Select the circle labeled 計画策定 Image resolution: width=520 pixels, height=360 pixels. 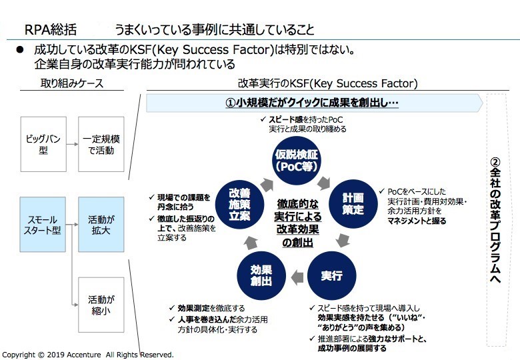353,203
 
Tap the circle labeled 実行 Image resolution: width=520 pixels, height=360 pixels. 331,275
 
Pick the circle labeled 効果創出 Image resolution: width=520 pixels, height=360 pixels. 261,275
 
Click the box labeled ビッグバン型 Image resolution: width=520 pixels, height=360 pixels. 43,145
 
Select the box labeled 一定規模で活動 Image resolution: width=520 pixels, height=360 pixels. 101,145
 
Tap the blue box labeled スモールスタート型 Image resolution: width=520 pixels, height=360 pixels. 43,224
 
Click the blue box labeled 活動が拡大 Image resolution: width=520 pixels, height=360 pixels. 101,224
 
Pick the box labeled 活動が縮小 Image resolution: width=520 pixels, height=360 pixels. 101,304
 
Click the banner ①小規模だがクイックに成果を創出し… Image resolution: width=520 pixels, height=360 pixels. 311,103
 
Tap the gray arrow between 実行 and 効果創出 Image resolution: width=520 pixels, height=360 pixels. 295,275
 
